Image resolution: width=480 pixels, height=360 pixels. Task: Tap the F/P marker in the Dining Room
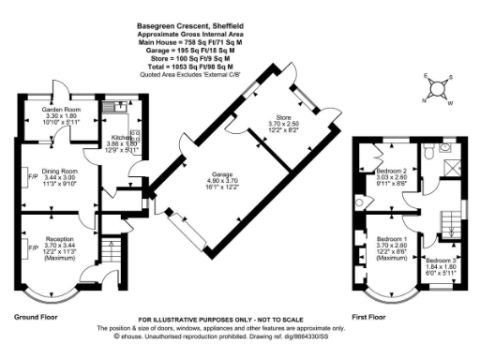point(31,175)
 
